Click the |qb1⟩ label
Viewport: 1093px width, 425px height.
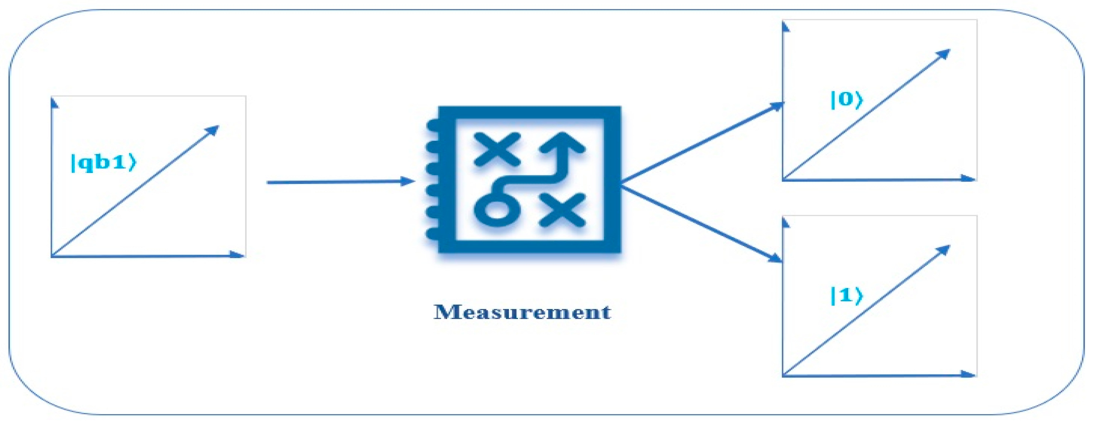click(103, 163)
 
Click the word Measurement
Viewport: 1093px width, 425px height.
click(522, 313)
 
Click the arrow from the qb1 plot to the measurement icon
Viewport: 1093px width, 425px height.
click(339, 182)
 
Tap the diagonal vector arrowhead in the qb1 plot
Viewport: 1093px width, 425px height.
click(213, 129)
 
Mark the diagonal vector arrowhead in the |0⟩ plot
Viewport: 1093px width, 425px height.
click(944, 53)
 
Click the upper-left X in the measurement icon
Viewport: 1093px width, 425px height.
click(497, 149)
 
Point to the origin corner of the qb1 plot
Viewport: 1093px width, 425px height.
click(52, 256)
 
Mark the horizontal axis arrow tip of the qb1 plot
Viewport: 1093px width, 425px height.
click(240, 255)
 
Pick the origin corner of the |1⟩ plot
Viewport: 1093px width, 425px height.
click(783, 375)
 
